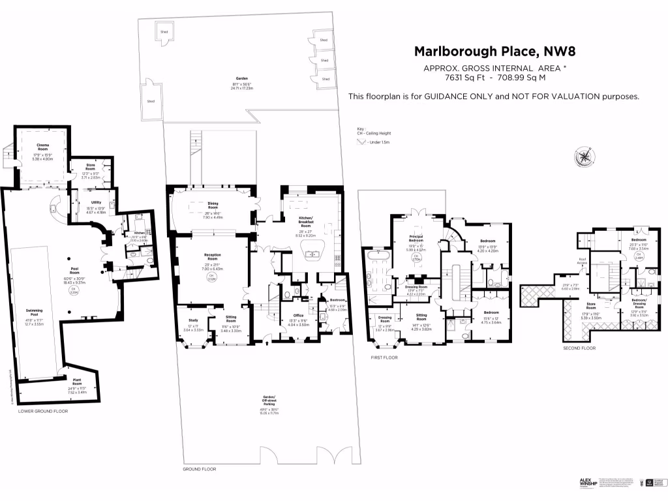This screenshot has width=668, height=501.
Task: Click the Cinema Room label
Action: [x=42, y=149]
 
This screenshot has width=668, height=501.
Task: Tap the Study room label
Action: [x=194, y=320]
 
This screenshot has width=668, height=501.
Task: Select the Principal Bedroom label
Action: [x=417, y=237]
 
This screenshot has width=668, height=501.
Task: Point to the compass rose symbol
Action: [x=584, y=157]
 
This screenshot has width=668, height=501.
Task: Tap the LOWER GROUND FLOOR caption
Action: [x=43, y=412]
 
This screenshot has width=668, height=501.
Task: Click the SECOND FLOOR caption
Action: [x=579, y=348]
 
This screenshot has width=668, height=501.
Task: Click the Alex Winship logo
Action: [x=585, y=483]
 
